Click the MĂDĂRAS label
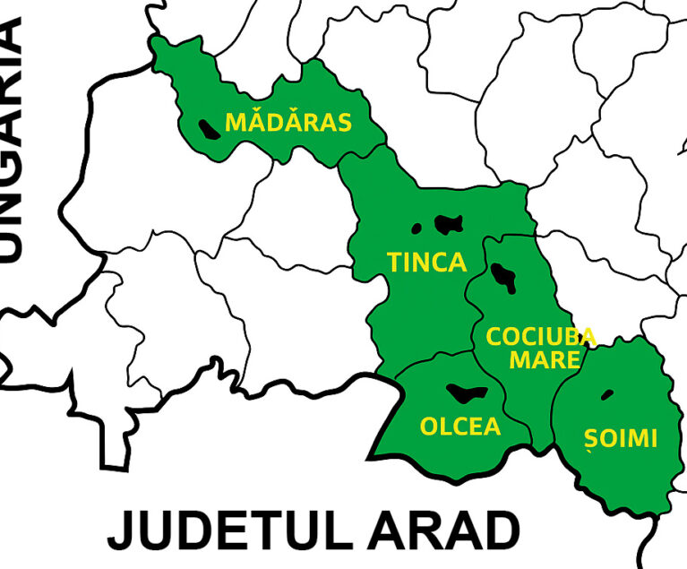[288, 123]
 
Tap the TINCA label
[426, 263]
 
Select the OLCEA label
[460, 427]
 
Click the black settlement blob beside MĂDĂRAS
[210, 131]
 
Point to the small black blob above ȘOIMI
[608, 393]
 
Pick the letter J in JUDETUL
[122, 532]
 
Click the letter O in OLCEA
[429, 427]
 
